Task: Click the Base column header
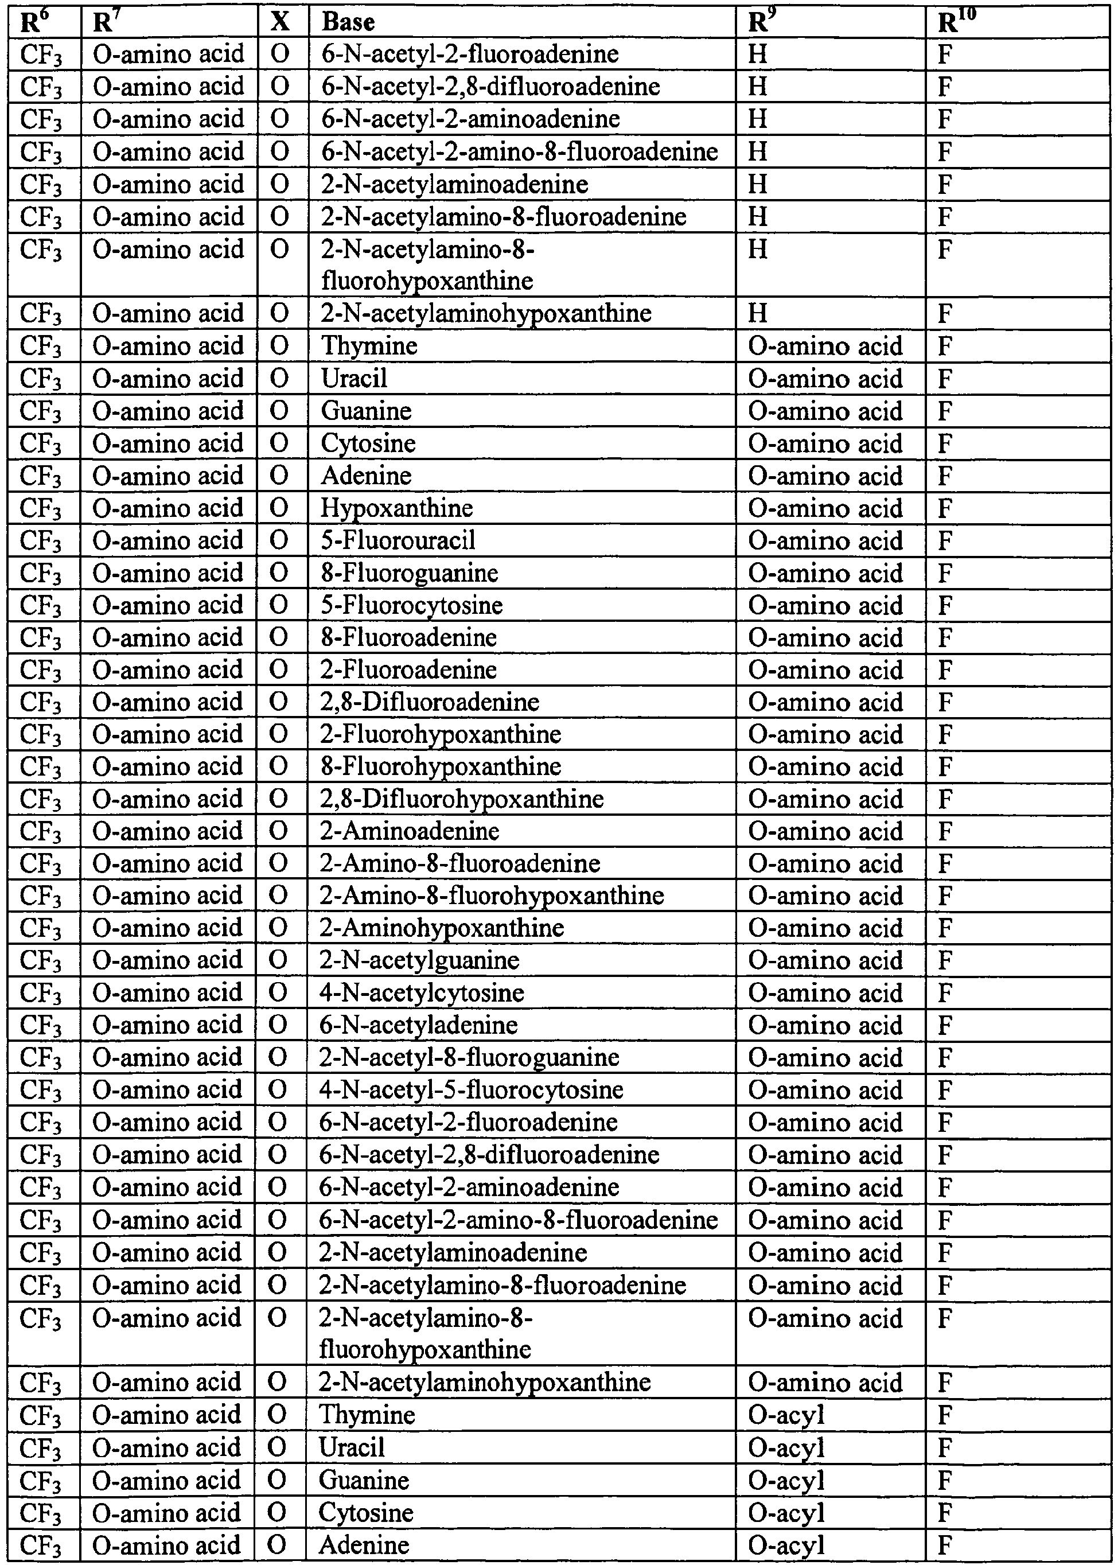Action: tap(348, 22)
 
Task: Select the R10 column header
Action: tap(956, 22)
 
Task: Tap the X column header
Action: tap(279, 22)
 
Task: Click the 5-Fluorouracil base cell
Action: tap(398, 540)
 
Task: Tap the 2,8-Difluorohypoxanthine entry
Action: tap(462, 799)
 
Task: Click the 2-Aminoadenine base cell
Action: tap(410, 831)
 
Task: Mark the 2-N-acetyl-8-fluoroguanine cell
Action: tap(469, 1057)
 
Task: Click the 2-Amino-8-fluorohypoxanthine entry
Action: tap(492, 896)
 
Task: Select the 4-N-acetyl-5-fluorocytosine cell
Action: tap(472, 1090)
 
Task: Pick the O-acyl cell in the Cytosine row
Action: tap(786, 1513)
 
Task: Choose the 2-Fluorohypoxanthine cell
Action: tap(441, 734)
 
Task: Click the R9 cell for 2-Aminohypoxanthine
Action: tap(825, 928)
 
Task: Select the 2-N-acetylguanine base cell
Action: tap(419, 960)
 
